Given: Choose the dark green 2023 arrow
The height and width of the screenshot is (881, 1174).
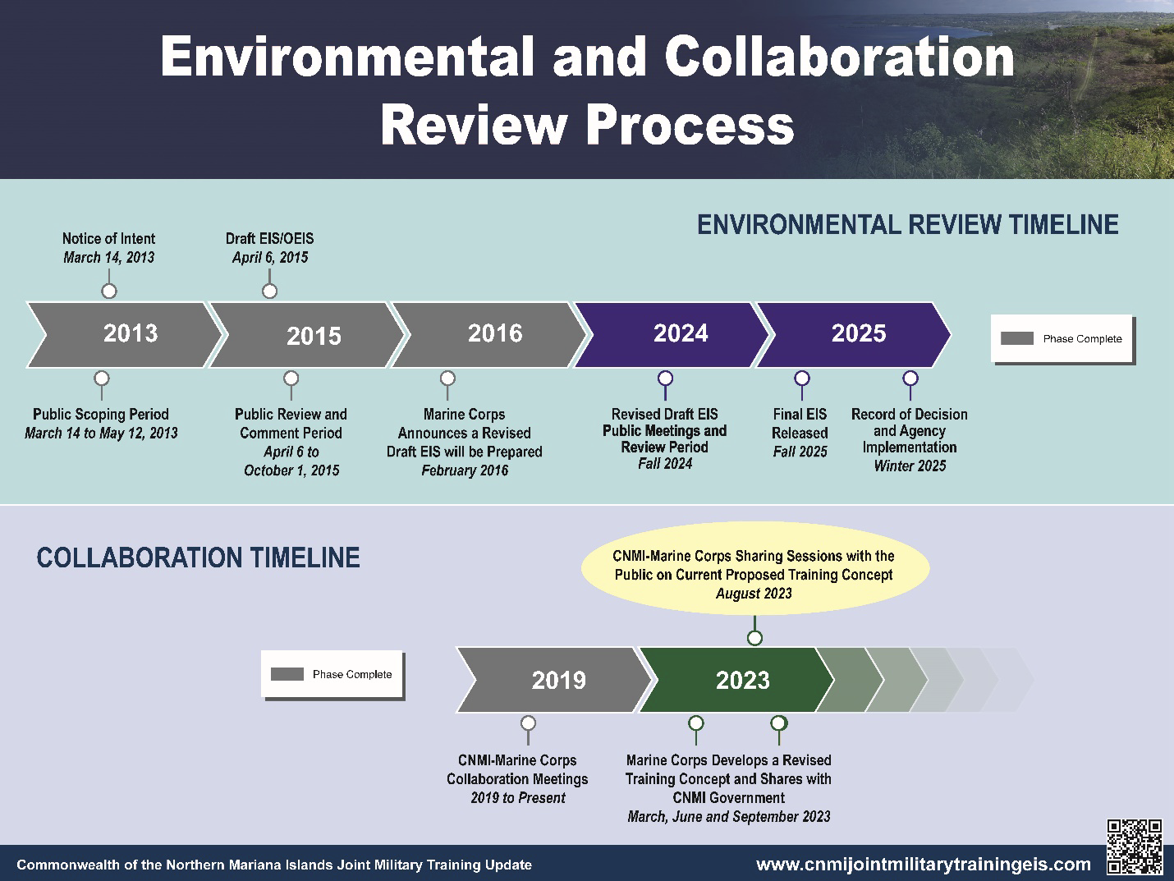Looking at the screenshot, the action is point(737,680).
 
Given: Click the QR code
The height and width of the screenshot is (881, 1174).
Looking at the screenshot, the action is point(1135,847).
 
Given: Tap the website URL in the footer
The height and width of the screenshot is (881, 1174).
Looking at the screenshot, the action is point(923,865).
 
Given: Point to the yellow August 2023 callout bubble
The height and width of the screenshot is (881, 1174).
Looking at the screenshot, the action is point(755,568).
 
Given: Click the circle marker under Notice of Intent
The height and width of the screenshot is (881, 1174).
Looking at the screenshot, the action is point(109,291).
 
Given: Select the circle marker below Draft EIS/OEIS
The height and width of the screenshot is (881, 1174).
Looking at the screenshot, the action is point(269,291).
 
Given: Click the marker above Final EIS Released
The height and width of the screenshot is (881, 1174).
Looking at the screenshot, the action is point(802,379).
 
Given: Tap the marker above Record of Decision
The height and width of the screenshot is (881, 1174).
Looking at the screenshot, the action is point(910,379).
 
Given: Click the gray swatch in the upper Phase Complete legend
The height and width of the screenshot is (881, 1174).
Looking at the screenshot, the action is point(1016,338).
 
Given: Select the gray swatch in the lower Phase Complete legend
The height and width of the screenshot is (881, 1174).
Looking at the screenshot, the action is point(287,674).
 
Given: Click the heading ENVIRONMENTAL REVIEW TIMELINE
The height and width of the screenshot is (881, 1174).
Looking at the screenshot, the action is point(908,225).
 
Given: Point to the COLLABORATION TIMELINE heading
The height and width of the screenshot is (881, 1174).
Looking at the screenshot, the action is point(198,558).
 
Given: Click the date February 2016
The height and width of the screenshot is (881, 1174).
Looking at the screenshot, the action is point(465,470).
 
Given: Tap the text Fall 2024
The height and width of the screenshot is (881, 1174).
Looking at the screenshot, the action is point(665,464).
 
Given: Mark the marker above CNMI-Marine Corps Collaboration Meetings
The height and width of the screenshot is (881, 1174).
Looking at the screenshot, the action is point(528,723).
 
